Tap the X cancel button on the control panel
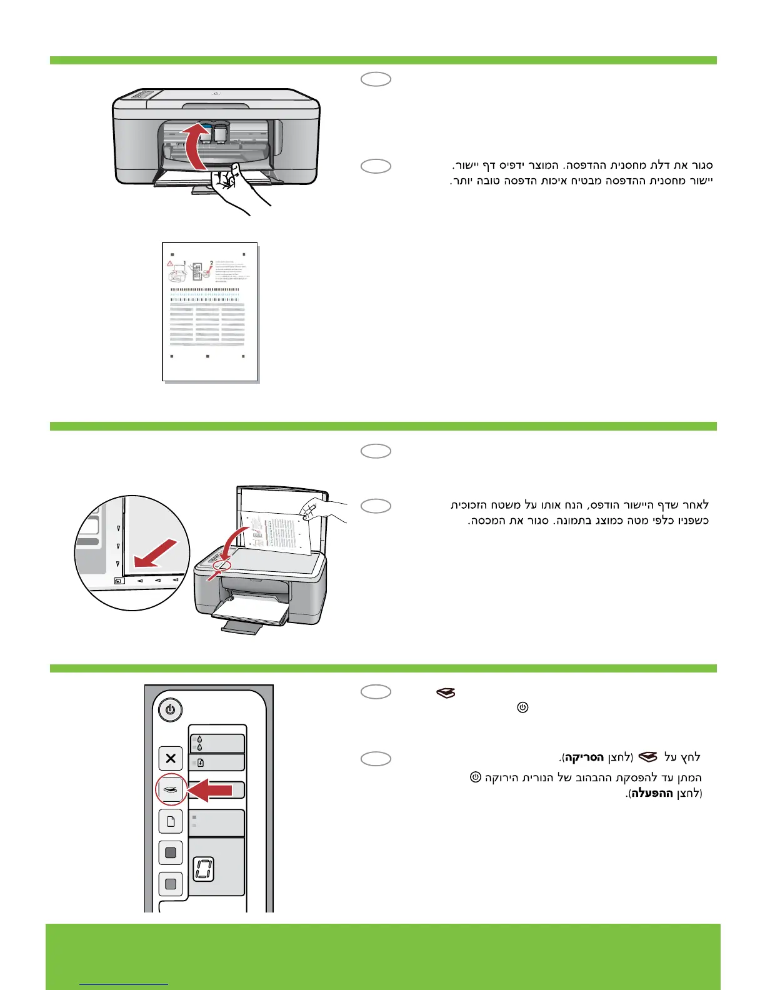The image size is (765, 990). [x=171, y=759]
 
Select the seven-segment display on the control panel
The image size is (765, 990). [x=204, y=869]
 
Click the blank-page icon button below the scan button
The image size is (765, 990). [x=171, y=821]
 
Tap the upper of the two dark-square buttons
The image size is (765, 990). [x=171, y=852]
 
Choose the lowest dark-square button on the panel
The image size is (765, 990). [x=171, y=884]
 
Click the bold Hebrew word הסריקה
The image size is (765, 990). [x=584, y=758]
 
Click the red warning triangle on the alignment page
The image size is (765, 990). [x=170, y=264]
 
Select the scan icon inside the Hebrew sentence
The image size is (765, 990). [x=649, y=757]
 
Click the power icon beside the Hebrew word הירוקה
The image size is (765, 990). [x=476, y=777]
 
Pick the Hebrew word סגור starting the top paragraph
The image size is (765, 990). [x=700, y=166]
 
